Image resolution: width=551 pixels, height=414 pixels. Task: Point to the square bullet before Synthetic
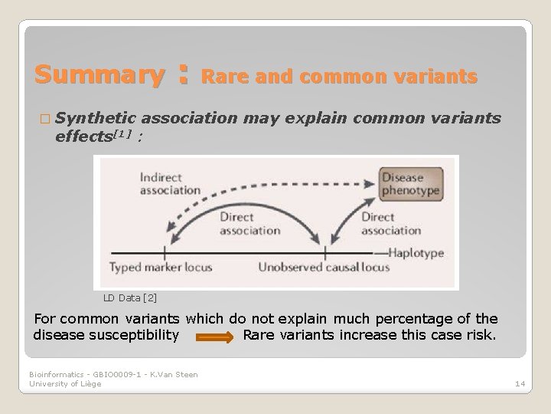(40, 119)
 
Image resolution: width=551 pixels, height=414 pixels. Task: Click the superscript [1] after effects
(122, 135)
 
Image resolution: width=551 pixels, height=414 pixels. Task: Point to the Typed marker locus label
(161, 268)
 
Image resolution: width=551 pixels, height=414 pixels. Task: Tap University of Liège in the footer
(65, 383)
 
